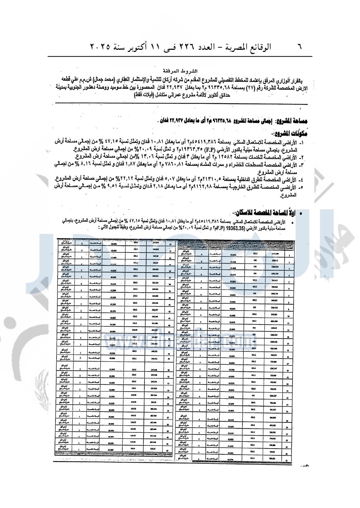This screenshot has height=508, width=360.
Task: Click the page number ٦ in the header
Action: pyautogui.click(x=299, y=46)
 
